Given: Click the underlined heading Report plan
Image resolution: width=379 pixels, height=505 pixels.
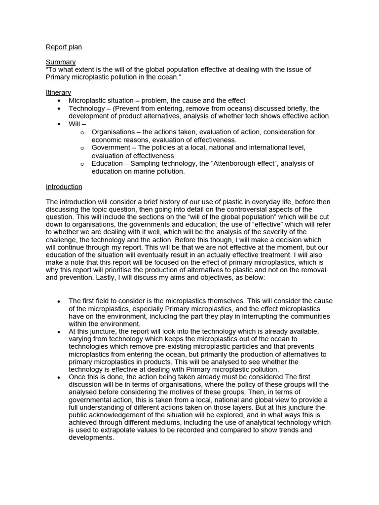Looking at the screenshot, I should click(x=64, y=47).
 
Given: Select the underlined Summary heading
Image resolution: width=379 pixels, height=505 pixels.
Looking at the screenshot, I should click(x=61, y=62).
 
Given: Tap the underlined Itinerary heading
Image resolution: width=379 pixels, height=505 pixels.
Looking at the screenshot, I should click(x=58, y=93).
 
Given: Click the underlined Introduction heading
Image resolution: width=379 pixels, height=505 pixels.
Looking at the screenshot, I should click(x=64, y=187).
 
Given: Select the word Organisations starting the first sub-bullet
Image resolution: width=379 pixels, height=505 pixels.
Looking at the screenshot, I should click(x=113, y=132).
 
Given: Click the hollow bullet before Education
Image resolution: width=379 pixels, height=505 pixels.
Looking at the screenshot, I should click(x=82, y=164).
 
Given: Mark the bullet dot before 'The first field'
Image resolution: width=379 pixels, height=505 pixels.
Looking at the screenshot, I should click(x=59, y=301).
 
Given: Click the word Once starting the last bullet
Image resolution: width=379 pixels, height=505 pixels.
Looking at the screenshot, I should click(x=77, y=377).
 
